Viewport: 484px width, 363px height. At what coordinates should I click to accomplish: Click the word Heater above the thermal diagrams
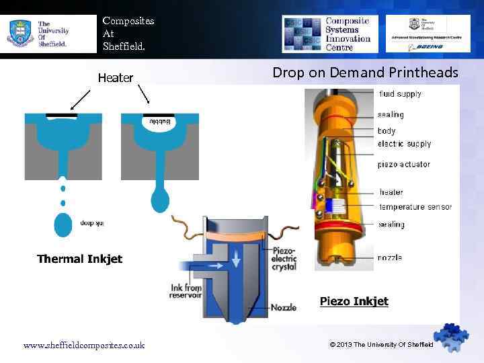(116, 78)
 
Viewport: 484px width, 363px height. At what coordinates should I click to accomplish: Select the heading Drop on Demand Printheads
(365, 73)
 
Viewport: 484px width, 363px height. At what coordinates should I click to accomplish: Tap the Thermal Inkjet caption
(79, 259)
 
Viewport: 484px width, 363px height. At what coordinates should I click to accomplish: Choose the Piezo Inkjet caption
(354, 301)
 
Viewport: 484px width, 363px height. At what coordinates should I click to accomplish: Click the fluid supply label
(400, 94)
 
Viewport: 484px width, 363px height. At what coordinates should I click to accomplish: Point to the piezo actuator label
(403, 165)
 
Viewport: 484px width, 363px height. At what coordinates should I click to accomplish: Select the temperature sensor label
(415, 207)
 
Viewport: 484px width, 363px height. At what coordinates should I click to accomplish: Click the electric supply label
(404, 144)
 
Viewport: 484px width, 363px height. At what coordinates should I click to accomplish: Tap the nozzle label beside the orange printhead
(390, 257)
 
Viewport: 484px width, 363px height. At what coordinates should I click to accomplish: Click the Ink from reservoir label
(186, 291)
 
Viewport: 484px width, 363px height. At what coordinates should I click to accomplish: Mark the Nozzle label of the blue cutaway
(283, 308)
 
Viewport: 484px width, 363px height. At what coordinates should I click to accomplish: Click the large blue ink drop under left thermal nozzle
(63, 225)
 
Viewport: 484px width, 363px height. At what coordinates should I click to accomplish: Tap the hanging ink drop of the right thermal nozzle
(160, 200)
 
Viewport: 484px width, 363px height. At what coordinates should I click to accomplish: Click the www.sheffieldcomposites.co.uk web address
(83, 346)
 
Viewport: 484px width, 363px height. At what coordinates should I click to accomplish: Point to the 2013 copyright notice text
(381, 345)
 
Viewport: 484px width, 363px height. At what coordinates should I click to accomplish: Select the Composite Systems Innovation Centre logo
(329, 34)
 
